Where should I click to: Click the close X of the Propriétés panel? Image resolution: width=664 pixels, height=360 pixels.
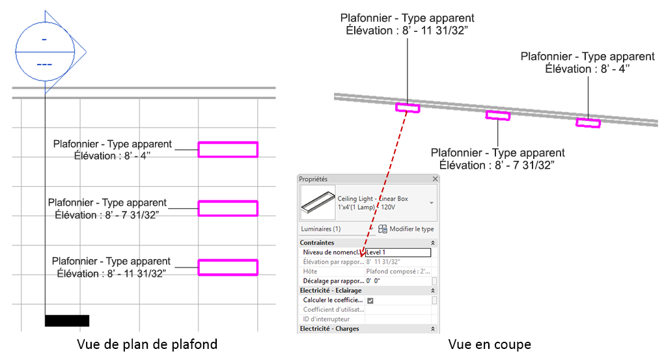click(436, 179)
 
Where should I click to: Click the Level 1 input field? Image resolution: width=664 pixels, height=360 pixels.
click(398, 253)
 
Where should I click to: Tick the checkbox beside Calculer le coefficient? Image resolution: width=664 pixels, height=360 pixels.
click(370, 301)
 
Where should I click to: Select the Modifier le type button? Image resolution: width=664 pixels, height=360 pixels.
click(406, 229)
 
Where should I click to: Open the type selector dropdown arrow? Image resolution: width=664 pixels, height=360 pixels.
click(431, 203)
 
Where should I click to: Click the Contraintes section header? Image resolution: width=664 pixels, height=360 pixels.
click(317, 243)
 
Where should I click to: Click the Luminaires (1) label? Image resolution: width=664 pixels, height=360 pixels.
click(320, 229)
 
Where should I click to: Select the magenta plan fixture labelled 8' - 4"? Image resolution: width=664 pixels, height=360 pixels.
click(228, 150)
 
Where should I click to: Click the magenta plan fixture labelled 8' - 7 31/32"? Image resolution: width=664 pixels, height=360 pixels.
click(228, 208)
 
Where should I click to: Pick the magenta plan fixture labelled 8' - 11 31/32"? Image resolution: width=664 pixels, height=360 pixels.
click(228, 267)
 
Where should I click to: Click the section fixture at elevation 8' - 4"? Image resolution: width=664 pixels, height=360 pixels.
click(588, 122)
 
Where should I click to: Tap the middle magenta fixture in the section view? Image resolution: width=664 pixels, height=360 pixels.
click(498, 116)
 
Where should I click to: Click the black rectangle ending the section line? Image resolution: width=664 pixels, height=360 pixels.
click(67, 320)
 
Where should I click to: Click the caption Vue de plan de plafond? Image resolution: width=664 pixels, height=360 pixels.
click(147, 344)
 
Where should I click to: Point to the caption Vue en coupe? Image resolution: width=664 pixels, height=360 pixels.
click(489, 344)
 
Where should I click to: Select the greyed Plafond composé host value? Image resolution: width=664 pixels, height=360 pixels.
click(398, 271)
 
